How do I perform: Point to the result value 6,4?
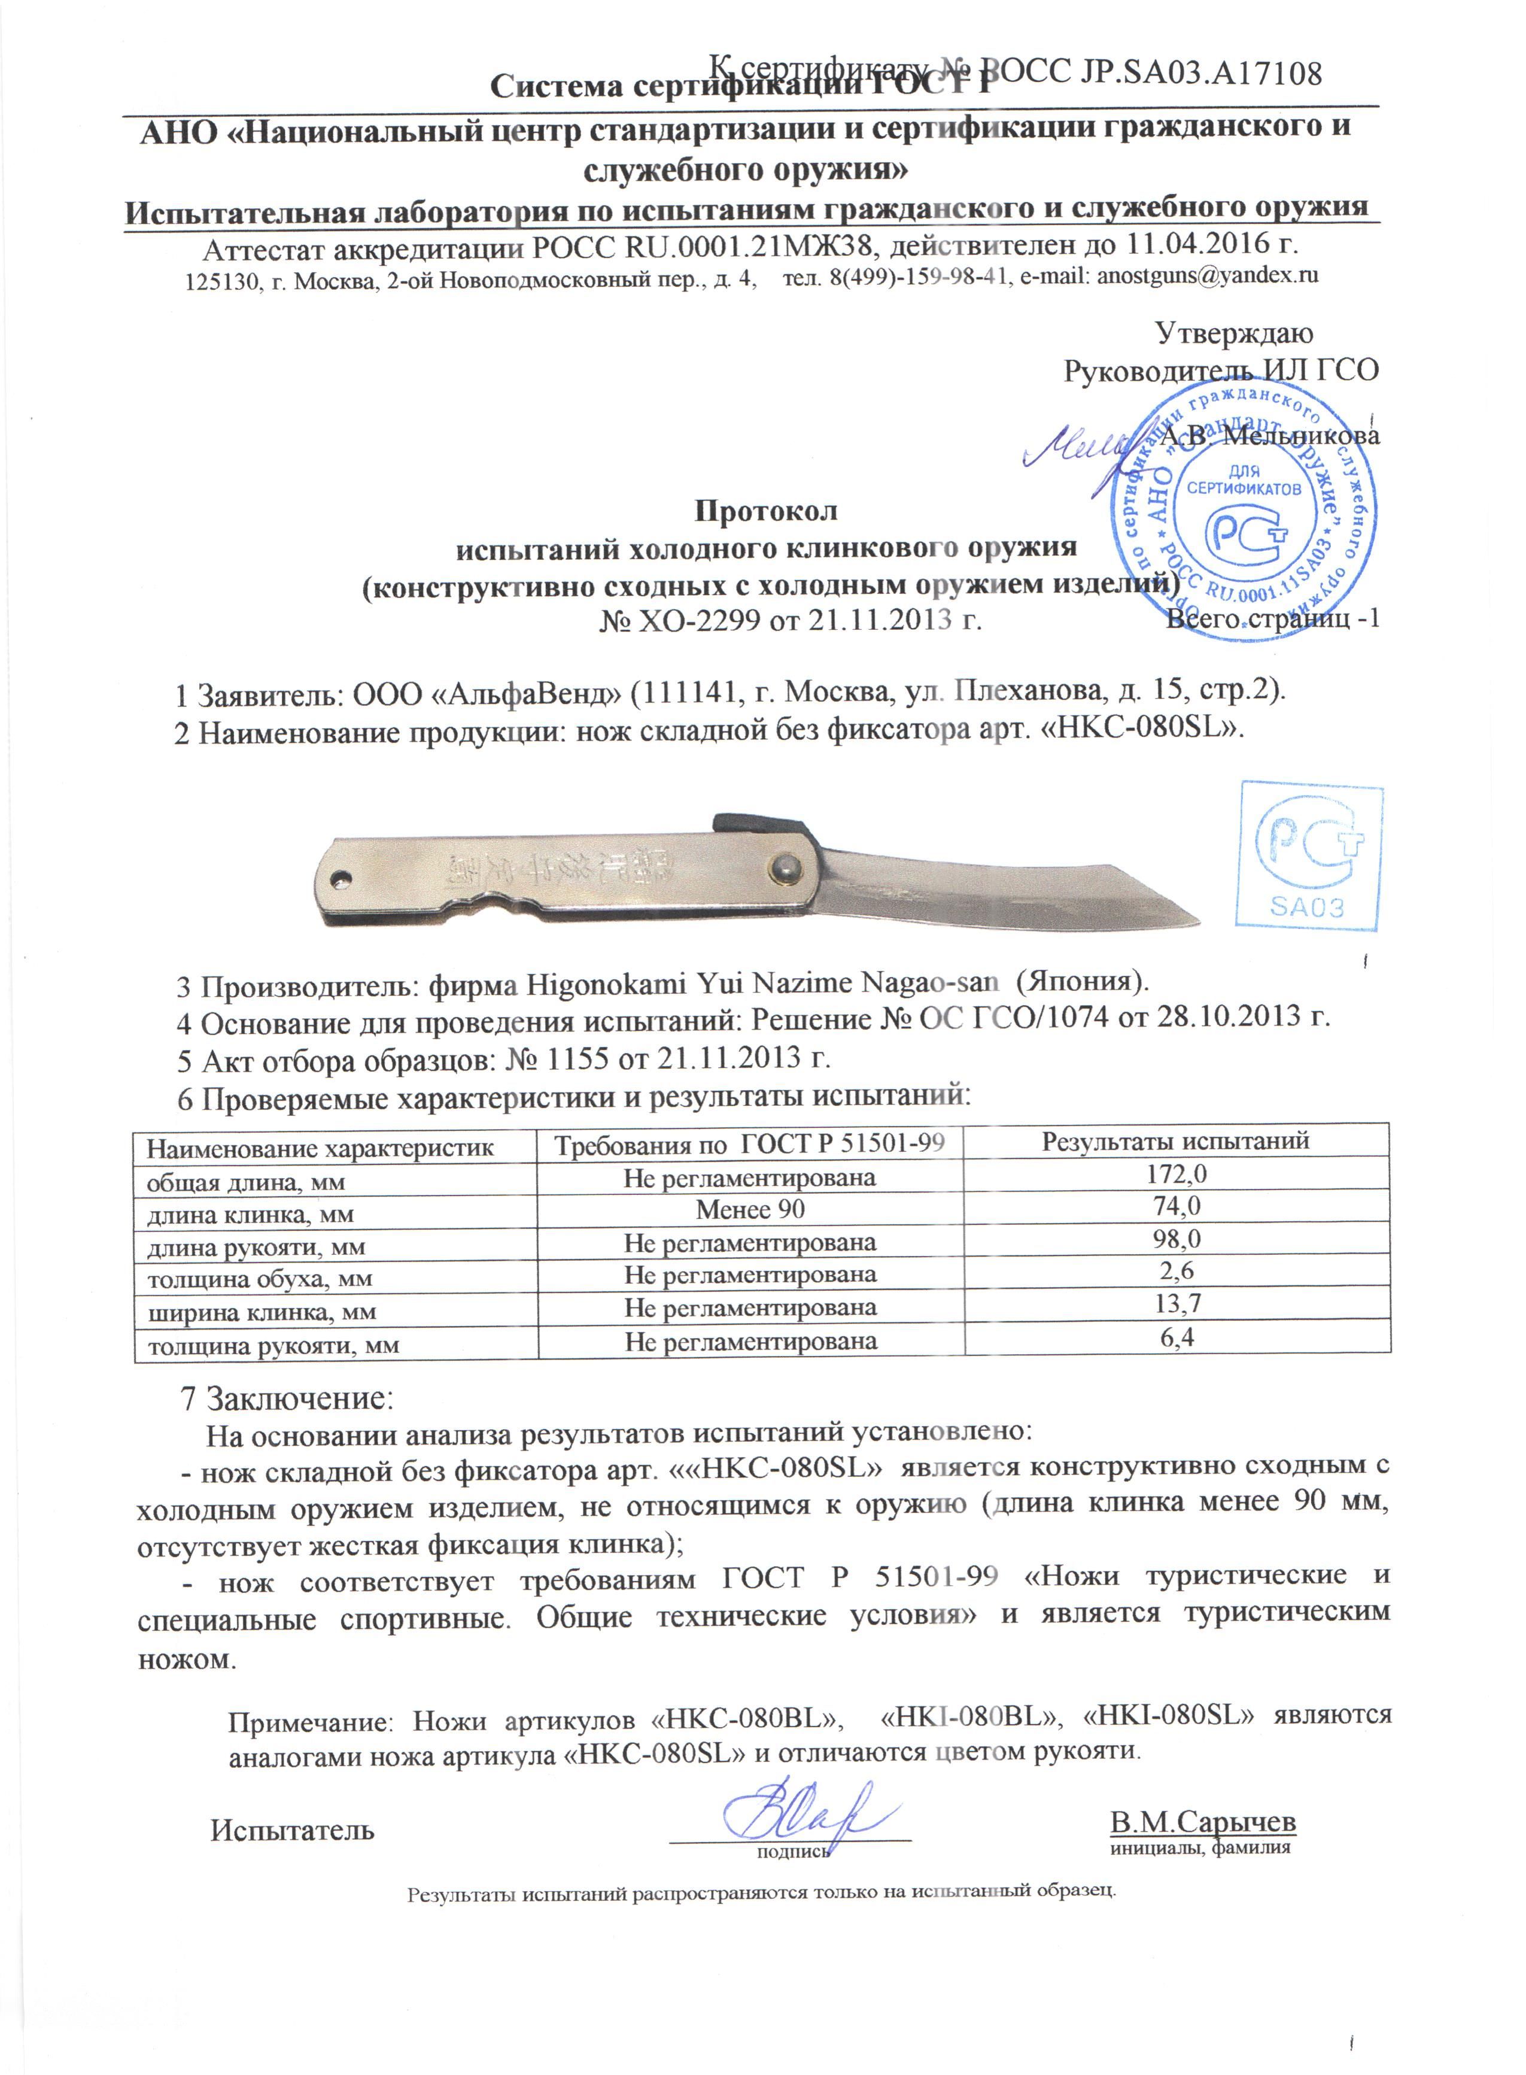[1177, 1337]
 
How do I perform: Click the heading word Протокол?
[766, 511]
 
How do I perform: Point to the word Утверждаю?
[1234, 333]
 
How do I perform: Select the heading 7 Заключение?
[287, 1398]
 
